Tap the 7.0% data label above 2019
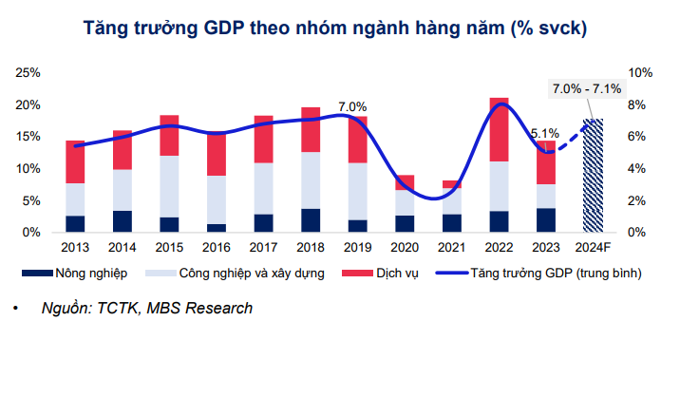[351, 107]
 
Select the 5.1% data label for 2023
[546, 134]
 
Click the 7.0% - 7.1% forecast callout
[587, 89]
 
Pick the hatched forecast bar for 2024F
[593, 176]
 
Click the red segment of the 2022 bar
[499, 129]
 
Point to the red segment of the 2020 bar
[405, 182]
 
